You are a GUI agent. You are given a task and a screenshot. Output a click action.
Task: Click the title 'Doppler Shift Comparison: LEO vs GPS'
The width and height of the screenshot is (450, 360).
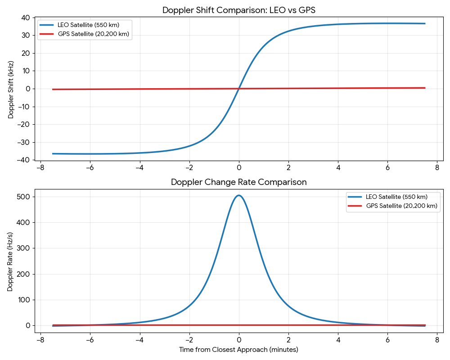point(238,10)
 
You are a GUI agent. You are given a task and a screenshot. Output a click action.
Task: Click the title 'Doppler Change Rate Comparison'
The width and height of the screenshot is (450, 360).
point(238,182)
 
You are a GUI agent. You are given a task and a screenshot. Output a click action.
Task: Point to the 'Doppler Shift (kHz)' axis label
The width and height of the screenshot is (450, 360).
point(11,89)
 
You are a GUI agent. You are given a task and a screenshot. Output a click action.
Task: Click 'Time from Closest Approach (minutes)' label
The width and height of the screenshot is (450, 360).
point(238,350)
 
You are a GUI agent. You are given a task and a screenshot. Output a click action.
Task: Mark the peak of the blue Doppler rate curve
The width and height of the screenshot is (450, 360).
point(238,195)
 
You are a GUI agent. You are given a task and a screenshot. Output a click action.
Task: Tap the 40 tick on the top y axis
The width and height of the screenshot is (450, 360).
point(25,18)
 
